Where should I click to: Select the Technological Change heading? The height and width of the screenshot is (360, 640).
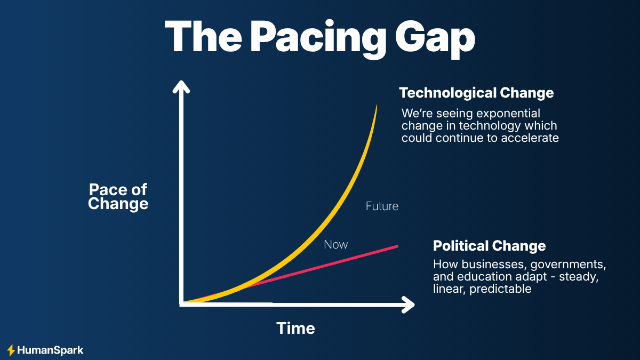476,93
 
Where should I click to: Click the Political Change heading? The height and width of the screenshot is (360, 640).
489,246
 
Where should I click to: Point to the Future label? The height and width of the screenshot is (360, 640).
382,206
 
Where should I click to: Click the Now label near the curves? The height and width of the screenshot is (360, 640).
335,244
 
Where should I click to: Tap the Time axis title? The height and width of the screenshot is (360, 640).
295,328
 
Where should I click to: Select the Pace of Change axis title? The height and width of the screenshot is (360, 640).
118,196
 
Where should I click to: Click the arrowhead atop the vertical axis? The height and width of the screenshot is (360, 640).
182,86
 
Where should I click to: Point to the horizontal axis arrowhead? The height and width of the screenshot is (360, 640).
409,305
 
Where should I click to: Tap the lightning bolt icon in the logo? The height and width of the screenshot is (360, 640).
11,350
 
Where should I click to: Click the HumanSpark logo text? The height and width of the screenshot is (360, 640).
50,350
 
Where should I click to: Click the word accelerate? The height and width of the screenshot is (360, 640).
533,138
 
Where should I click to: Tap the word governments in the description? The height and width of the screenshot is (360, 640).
570,264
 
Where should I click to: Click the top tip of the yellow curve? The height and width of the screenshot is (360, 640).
377,106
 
